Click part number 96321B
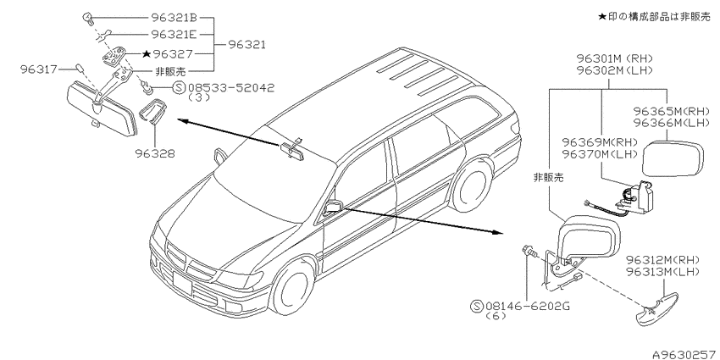tap(174, 18)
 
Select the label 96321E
tap(174, 34)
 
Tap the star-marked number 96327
tap(168, 54)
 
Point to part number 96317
tap(39, 69)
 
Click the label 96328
tap(155, 153)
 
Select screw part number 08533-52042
tap(224, 87)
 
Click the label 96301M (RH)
tap(615, 58)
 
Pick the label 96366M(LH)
tap(666, 123)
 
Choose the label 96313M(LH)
tap(662, 272)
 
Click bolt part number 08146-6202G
tap(520, 305)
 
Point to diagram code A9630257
tap(686, 354)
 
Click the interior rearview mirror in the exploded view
tap(101, 108)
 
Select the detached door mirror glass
tap(673, 159)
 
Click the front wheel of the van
tap(292, 285)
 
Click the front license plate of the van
tap(182, 282)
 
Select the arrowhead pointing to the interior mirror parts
tap(182, 120)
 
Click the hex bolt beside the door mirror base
tap(529, 252)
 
